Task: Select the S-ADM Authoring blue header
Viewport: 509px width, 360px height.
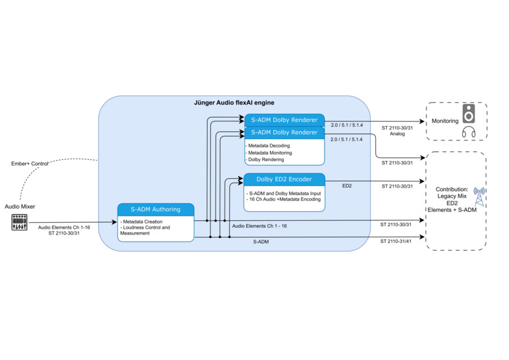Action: [156, 209]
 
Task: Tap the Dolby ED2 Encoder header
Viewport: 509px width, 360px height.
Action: [284, 179]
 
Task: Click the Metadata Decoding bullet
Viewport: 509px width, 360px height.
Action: [269, 146]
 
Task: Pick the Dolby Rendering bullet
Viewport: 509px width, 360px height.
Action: [266, 159]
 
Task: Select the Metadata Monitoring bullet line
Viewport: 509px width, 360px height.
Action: [271, 153]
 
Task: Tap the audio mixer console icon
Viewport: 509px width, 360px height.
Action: [19, 224]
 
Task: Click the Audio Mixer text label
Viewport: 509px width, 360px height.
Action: [19, 207]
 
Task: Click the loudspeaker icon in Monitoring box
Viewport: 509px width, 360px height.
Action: [469, 116]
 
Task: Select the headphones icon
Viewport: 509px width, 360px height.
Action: [469, 133]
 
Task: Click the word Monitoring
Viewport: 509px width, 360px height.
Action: [445, 122]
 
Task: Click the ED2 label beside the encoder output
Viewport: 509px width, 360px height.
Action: [347, 186]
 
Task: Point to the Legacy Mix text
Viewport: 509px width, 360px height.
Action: [453, 196]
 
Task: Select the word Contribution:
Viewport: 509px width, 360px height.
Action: [453, 188]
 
